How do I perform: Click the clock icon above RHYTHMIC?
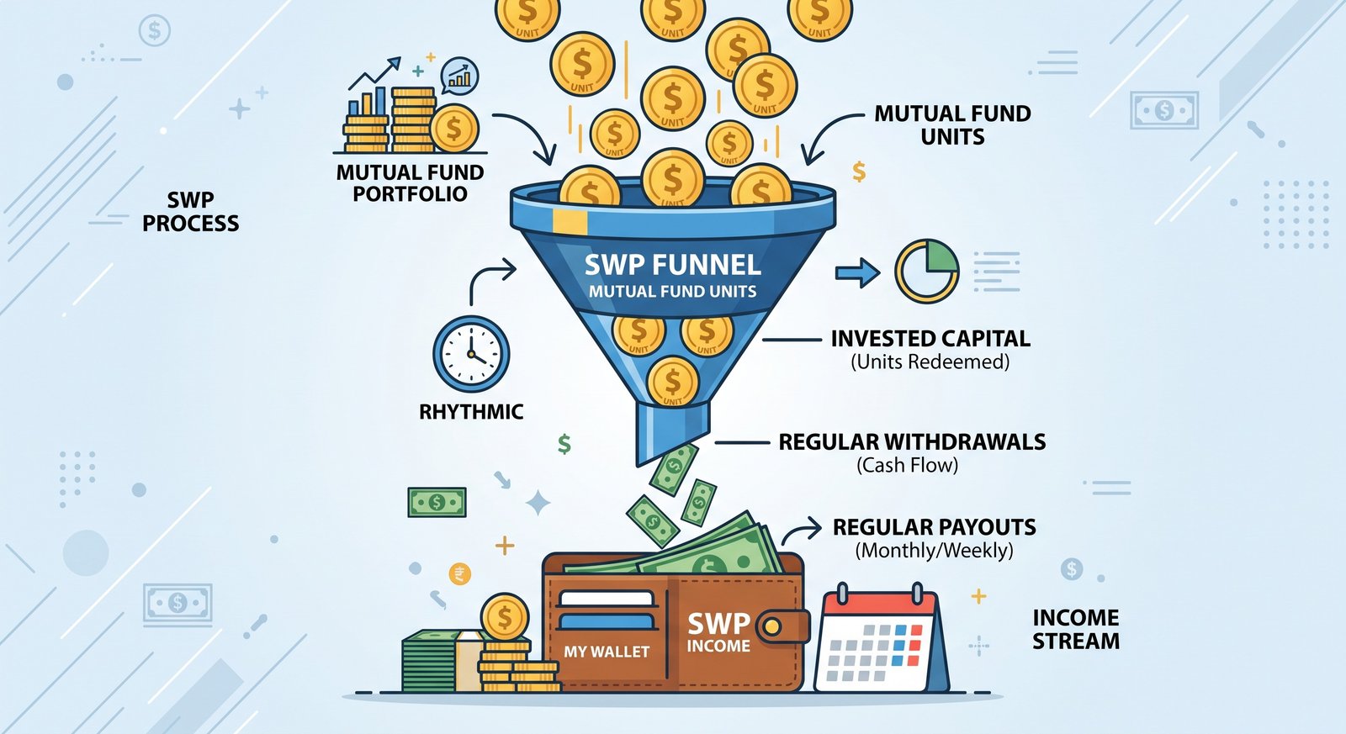471,354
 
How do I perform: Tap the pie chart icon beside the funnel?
927,271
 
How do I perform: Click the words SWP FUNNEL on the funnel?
672,265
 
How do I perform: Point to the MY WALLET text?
607,652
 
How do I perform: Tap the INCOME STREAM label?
1076,630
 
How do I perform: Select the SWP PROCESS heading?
190,211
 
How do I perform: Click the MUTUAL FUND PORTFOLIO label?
410,183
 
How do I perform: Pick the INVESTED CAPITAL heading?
930,339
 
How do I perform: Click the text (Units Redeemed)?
930,362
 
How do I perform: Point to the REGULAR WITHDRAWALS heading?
912,442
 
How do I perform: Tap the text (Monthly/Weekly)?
934,551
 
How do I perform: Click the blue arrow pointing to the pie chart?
857,272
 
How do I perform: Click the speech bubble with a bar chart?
459,77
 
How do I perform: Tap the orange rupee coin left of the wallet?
460,574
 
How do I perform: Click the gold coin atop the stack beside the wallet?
505,617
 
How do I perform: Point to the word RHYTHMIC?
471,412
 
